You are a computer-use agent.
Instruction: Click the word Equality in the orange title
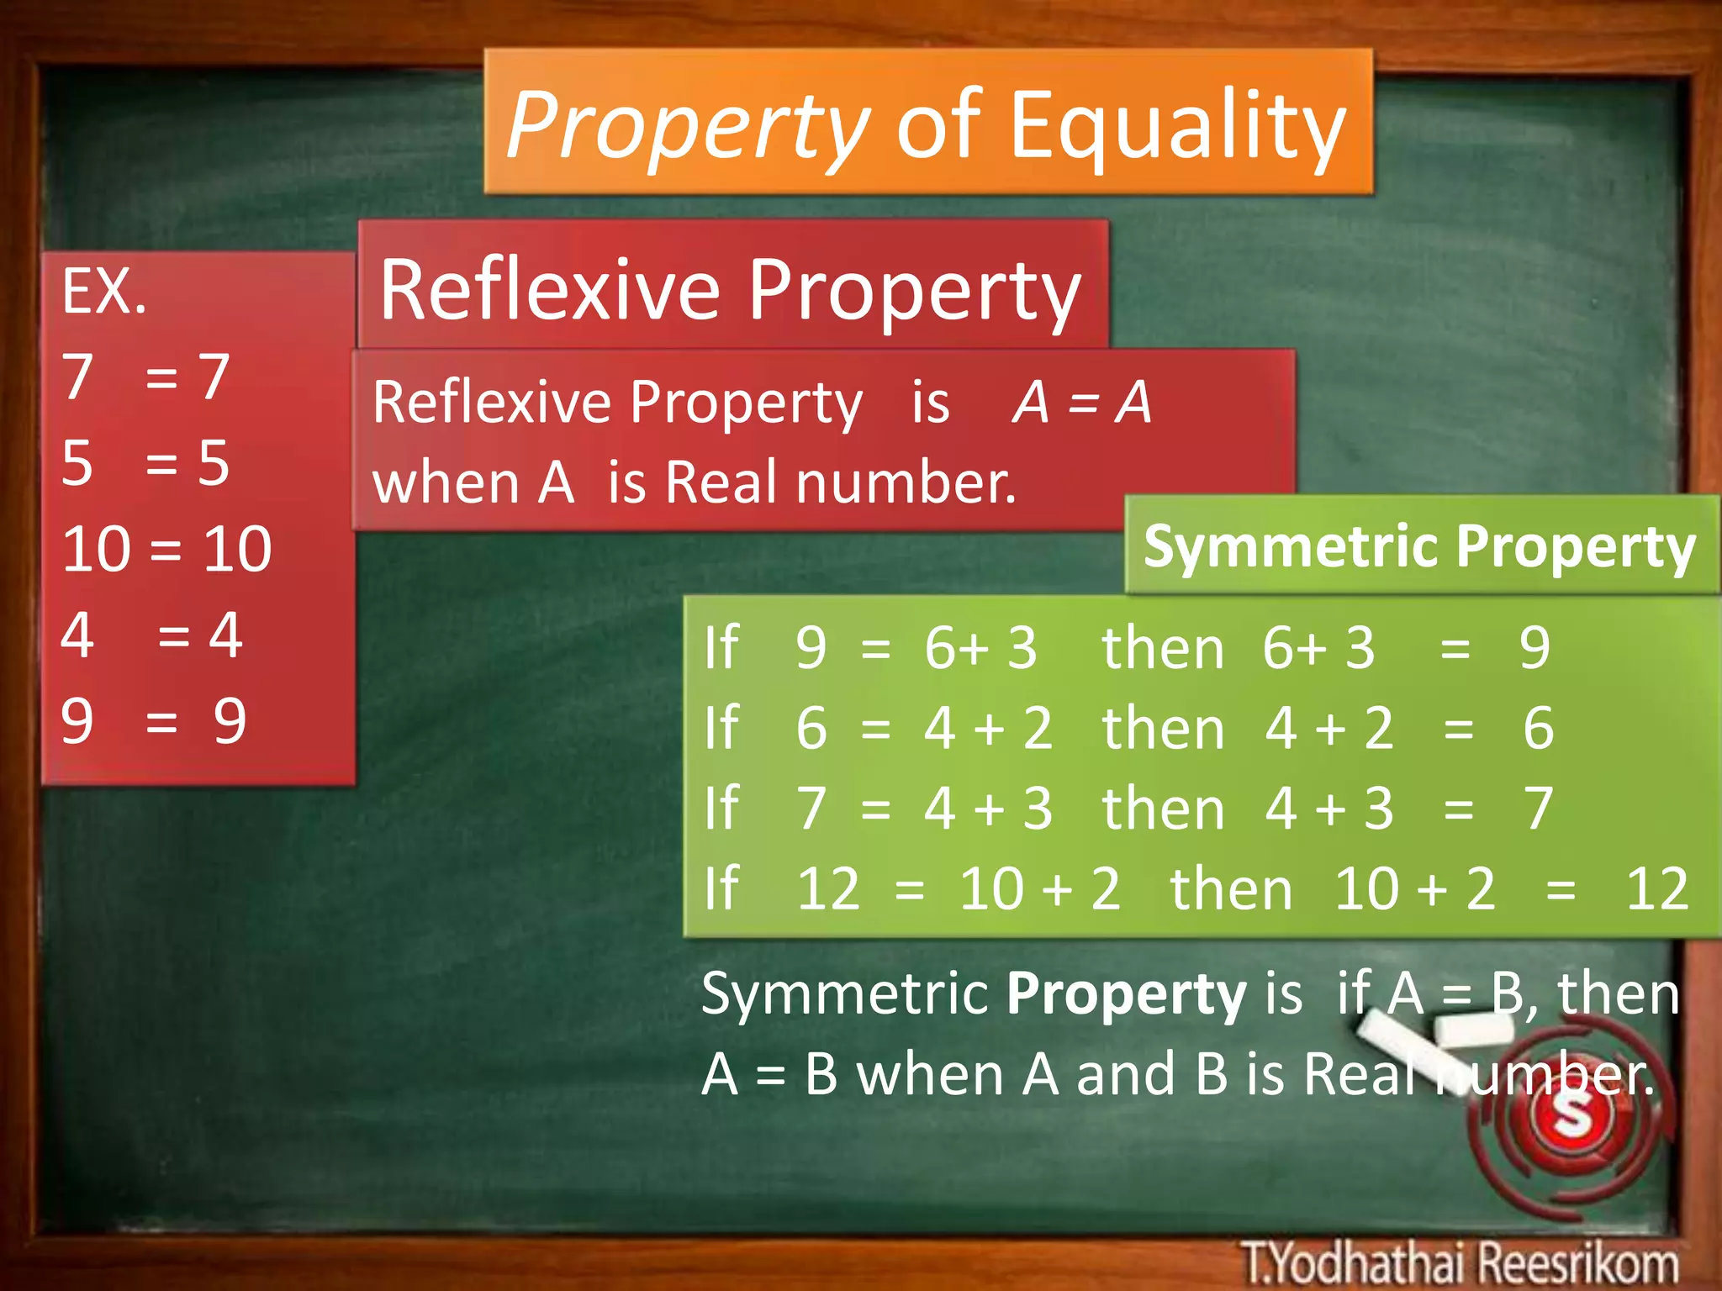click(1177, 126)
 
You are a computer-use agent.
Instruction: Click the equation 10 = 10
click(166, 550)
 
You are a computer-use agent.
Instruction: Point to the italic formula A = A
click(1082, 403)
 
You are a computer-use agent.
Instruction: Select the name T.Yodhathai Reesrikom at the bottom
click(1460, 1262)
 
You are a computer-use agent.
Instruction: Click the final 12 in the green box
click(1657, 889)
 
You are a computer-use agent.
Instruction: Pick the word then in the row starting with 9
click(1163, 648)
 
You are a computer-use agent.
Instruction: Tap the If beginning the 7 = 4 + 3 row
click(721, 809)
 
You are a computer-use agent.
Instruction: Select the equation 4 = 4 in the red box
click(151, 635)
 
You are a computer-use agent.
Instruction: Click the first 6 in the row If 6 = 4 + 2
click(811, 728)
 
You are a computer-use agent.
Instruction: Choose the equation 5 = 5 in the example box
click(145, 463)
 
